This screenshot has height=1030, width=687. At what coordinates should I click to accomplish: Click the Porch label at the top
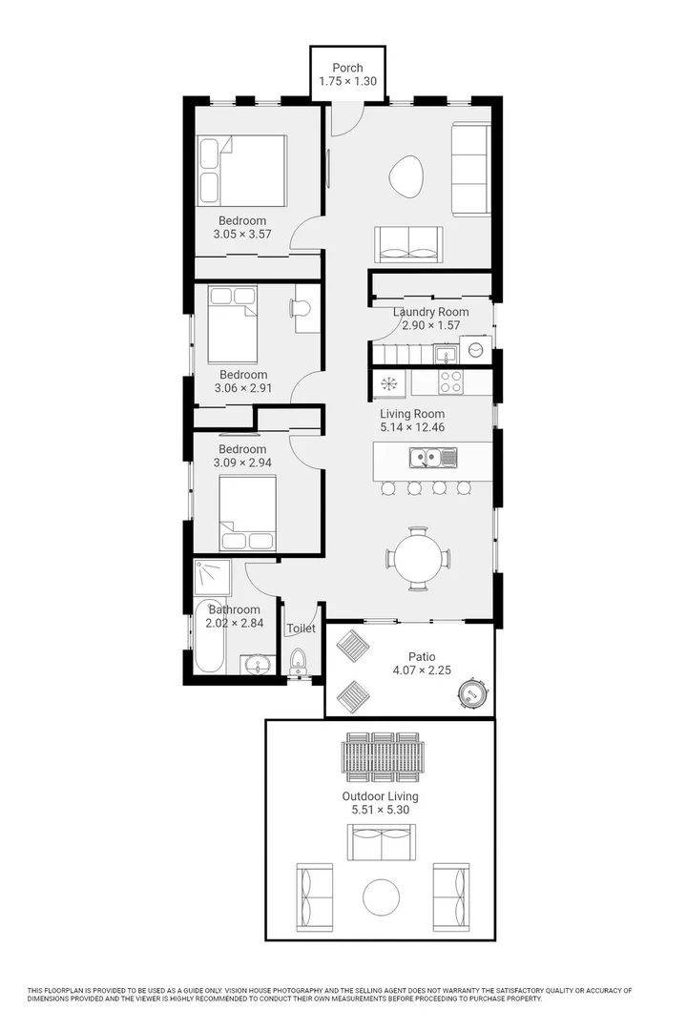point(348,67)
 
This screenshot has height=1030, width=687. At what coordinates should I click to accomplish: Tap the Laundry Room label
point(430,312)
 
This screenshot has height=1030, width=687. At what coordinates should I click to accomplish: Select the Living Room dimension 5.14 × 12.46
point(412,427)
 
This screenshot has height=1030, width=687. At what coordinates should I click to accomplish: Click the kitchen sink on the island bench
point(432,459)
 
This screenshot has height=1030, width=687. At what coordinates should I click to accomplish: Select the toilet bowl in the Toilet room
point(298,660)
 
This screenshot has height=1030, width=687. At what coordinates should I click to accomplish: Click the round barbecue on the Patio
point(472,693)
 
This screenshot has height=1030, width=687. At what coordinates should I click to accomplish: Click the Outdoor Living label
point(380,795)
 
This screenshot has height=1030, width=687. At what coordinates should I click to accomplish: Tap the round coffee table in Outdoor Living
point(382,896)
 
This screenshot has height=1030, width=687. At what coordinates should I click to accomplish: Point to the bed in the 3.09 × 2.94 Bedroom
point(247,513)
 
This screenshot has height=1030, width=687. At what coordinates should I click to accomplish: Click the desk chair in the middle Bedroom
point(297,307)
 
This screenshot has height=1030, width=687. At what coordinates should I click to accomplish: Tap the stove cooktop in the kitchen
point(450,382)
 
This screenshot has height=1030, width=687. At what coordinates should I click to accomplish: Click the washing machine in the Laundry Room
point(475,351)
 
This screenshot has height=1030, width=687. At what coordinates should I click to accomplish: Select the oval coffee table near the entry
point(407,175)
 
